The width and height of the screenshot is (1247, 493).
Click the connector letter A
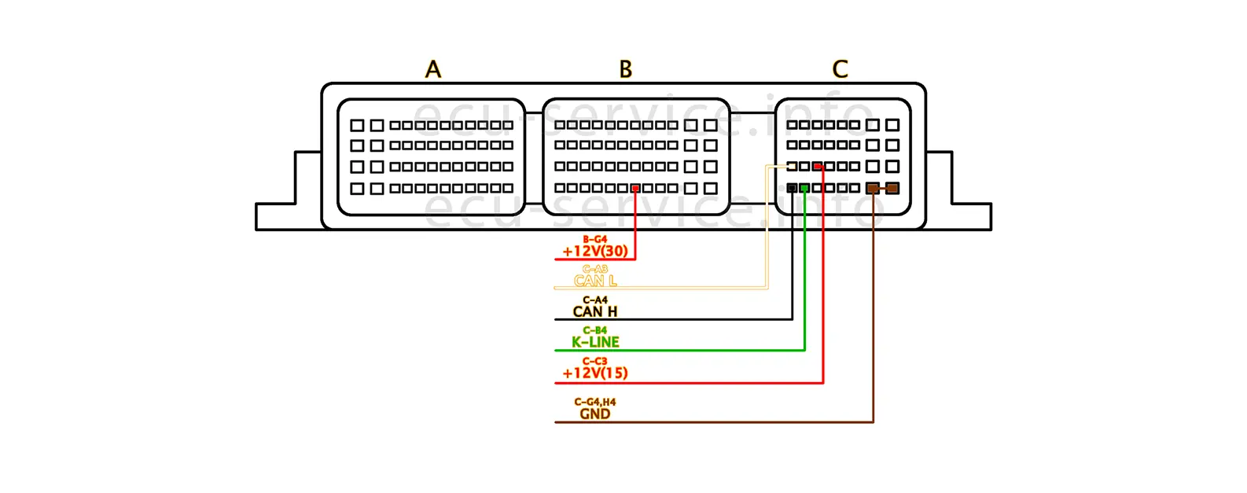tap(433, 69)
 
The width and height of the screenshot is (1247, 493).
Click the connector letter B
tap(626, 69)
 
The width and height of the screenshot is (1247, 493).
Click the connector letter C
tap(840, 69)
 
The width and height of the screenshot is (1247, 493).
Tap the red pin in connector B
tap(635, 188)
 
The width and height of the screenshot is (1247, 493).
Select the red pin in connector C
tap(818, 167)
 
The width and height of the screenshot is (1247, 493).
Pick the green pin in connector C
tap(804, 188)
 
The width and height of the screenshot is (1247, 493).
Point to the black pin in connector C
tap(792, 188)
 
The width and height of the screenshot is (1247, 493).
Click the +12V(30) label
tap(595, 252)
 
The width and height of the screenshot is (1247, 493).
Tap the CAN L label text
tap(595, 281)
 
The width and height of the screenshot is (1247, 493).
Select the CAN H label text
tap(595, 311)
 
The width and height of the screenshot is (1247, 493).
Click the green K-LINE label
tap(595, 342)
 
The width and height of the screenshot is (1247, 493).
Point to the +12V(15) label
tap(595, 373)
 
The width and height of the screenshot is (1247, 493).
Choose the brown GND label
tap(595, 414)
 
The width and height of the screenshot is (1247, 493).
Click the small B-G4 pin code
tap(595, 239)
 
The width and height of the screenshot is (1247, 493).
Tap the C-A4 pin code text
tap(595, 300)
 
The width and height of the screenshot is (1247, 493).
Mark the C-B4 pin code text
tap(595, 330)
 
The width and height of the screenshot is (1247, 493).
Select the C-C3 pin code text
tap(595, 361)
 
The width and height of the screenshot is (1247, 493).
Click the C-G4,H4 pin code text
tap(595, 402)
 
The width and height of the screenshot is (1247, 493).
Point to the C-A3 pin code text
tap(595, 269)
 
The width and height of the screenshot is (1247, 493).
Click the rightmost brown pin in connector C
tap(892, 188)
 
